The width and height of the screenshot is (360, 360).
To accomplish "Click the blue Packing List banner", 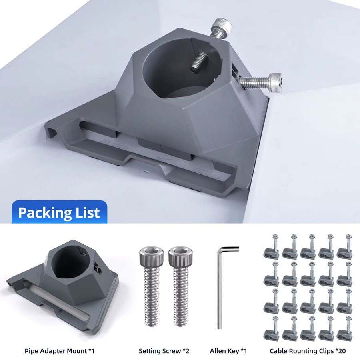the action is click(60, 212).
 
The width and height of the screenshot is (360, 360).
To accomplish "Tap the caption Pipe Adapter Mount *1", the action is click(60, 351).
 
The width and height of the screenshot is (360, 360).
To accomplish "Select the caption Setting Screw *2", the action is click(164, 351).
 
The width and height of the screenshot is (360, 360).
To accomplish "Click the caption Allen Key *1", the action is click(228, 351).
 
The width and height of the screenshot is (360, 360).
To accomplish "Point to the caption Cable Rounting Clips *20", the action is click(308, 351).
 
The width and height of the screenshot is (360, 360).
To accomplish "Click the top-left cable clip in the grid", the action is click(272, 248).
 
